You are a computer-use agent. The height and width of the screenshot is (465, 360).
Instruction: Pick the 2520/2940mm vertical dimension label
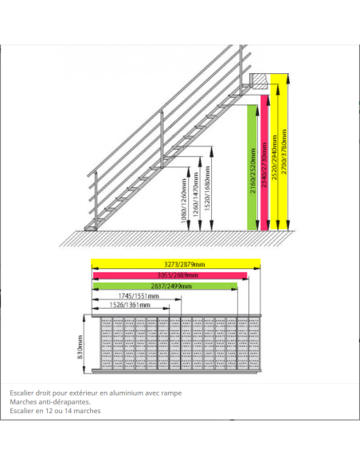[x=276, y=151]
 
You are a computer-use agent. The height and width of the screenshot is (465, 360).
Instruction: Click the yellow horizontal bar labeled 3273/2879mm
[x=175, y=265]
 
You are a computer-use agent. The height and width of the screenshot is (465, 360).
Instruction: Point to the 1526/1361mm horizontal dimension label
[x=128, y=305]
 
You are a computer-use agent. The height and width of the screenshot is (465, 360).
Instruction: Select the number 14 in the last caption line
[x=72, y=412]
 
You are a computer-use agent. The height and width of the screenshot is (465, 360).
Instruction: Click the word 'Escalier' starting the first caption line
[x=22, y=393]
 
